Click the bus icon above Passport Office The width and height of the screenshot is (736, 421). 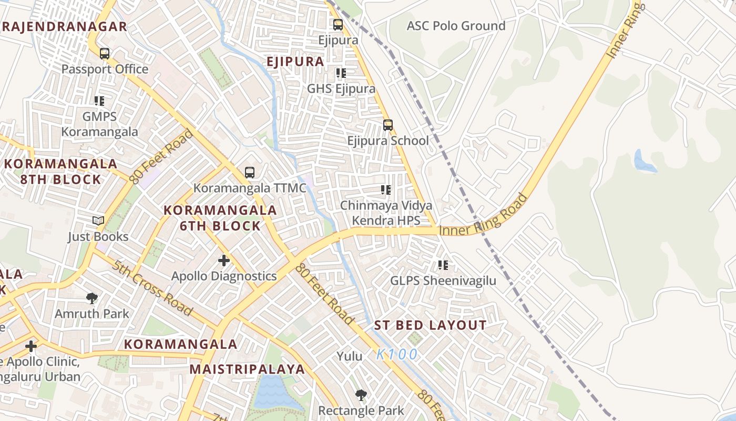105,53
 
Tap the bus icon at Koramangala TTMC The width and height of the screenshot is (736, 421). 250,172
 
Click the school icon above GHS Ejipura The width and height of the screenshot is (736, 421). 341,73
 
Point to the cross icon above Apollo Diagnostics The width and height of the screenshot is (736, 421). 224,260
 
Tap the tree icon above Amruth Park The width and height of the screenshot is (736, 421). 92,298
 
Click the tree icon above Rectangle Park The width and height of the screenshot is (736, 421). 361,395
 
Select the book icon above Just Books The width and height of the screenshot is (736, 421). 98,220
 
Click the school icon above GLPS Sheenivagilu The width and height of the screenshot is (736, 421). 443,265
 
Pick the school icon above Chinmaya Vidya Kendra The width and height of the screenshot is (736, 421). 386,189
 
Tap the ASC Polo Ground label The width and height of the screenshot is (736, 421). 456,26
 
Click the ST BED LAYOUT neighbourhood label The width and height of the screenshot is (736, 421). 430,325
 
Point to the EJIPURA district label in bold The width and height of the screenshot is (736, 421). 295,62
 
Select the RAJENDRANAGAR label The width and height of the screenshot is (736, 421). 64,27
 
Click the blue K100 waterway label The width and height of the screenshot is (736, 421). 397,354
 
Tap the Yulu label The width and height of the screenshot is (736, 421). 350,356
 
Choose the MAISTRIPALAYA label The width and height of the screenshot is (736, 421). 247,369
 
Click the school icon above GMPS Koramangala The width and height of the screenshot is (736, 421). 99,101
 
